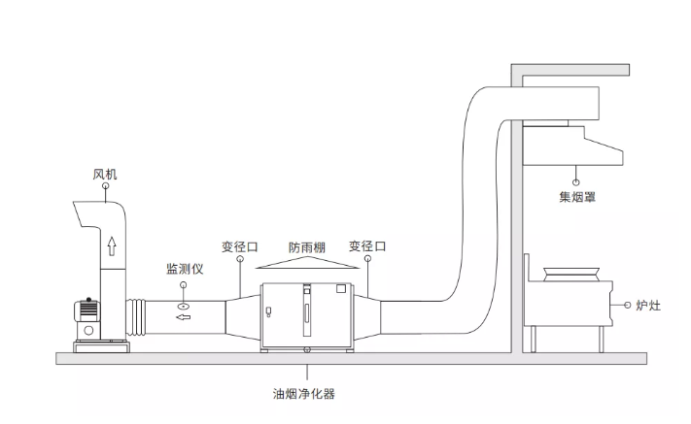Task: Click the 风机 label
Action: click(105, 176)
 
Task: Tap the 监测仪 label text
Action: click(184, 268)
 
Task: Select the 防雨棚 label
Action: click(307, 246)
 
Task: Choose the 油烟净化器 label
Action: click(306, 394)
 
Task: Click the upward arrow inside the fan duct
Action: click(112, 245)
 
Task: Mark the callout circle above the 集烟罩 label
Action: click(577, 179)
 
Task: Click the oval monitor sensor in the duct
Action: click(184, 306)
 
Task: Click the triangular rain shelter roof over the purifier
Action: click(307, 264)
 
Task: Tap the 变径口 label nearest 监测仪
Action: click(240, 246)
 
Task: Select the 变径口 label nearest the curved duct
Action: click(367, 246)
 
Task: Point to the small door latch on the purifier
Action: click(268, 312)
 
